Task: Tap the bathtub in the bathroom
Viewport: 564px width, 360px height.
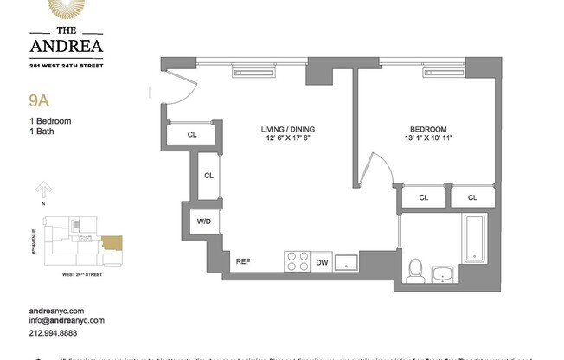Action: (477, 240)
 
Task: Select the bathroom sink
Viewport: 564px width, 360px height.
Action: (444, 274)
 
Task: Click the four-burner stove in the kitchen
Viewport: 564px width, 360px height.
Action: (298, 260)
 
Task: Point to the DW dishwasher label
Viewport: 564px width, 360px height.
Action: (321, 262)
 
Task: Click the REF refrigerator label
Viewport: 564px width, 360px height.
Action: (244, 261)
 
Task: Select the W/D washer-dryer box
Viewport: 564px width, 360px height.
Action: (203, 222)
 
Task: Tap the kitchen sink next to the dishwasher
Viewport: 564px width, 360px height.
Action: (346, 260)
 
